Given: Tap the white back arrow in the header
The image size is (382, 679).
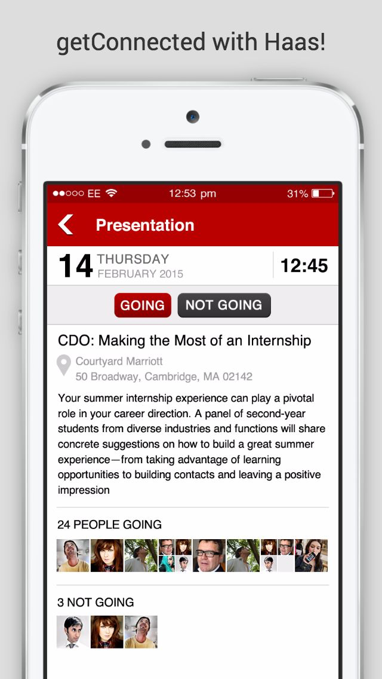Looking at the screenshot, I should click(66, 225).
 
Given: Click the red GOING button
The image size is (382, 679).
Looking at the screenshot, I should click(143, 305).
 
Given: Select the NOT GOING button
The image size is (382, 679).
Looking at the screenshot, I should click(224, 305).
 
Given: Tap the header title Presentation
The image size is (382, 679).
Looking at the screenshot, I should click(145, 225).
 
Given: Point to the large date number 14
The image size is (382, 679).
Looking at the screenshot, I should click(75, 267).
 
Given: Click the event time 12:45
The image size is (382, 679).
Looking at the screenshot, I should click(304, 266).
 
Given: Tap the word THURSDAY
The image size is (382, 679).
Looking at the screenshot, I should click(133, 259).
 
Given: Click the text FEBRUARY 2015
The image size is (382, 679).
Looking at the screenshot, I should click(140, 274).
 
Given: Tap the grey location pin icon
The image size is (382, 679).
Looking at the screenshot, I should click(63, 365).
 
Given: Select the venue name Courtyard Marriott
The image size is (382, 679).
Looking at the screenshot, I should click(119, 362).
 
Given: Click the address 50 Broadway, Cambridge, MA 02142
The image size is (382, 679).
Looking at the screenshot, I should click(164, 377).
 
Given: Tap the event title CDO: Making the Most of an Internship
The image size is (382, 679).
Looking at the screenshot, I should click(184, 341).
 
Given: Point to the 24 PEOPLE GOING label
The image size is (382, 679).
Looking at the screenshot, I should click(109, 525).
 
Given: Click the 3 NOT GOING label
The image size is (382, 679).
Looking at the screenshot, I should click(95, 602).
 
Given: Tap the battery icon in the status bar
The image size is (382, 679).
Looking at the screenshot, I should click(324, 194).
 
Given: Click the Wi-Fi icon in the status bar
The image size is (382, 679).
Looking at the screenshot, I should click(111, 194).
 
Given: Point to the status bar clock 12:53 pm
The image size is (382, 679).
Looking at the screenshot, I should click(192, 194).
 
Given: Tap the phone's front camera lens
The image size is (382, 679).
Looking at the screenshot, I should click(192, 117).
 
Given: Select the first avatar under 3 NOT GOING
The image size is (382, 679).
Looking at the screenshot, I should click(73, 632).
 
